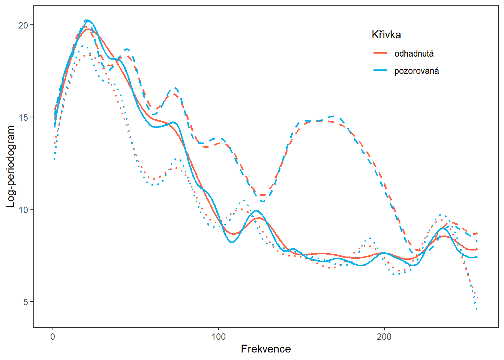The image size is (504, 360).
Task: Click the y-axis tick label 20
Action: [23, 25]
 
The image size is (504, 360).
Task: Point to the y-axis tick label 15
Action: [23, 117]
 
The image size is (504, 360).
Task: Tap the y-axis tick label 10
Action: [23, 210]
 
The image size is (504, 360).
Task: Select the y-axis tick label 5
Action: [25, 302]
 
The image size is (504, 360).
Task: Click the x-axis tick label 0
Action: [53, 337]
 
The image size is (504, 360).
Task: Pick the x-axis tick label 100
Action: [219, 337]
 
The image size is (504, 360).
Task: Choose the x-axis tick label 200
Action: [384, 337]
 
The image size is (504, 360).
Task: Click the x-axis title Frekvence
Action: [265, 349]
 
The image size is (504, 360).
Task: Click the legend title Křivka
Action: [386, 35]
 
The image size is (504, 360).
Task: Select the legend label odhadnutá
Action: [414, 54]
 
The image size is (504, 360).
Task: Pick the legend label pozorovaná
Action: [416, 71]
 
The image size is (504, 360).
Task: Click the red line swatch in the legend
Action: [380, 53]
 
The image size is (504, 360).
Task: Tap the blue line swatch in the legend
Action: [380, 70]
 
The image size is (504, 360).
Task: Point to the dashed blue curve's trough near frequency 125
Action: [262, 201]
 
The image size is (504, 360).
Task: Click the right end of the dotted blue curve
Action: [477, 309]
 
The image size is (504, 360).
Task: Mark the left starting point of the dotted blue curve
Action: [55, 159]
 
